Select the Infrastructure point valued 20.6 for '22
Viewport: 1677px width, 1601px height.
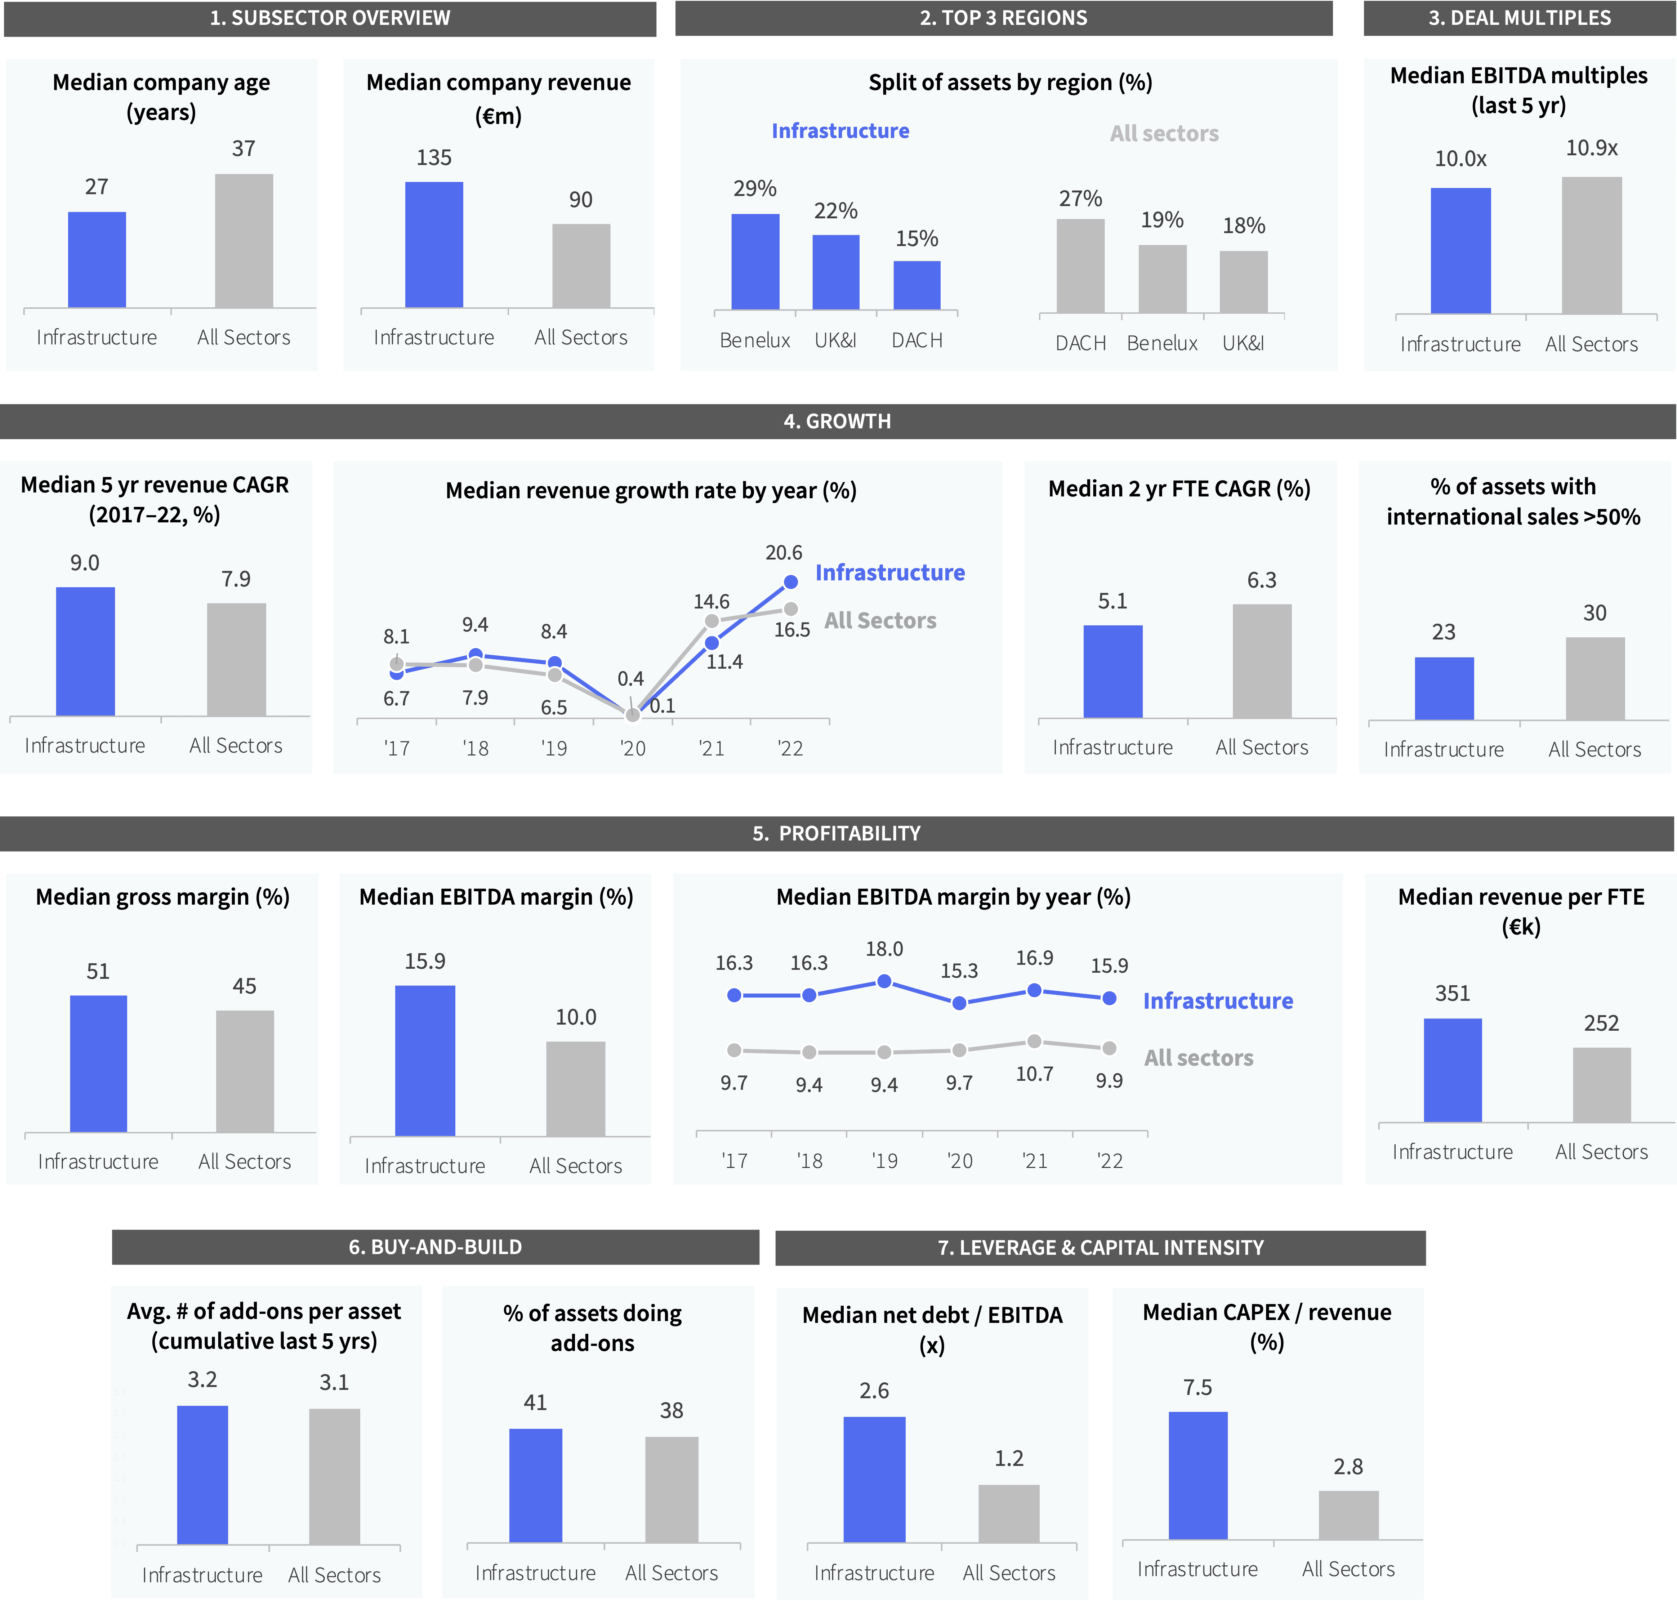click(790, 582)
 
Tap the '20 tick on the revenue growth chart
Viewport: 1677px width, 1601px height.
click(632, 748)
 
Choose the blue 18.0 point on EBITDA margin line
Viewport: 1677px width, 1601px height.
click(884, 981)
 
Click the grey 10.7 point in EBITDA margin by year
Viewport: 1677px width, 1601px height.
click(1034, 1041)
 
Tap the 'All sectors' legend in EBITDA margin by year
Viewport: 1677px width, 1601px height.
click(1198, 1058)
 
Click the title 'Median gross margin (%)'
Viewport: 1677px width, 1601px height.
click(162, 897)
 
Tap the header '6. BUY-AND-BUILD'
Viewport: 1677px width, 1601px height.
click(435, 1247)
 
